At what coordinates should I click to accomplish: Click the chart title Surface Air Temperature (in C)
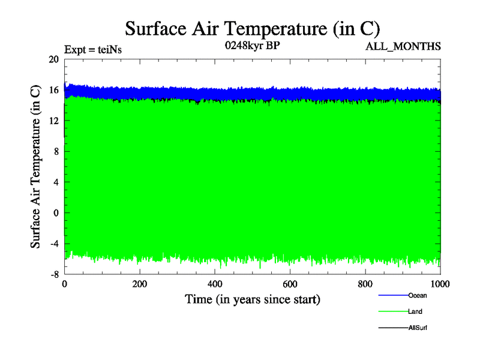pos(253,28)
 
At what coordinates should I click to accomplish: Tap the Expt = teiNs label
pos(93,50)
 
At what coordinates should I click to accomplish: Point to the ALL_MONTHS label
pos(403,46)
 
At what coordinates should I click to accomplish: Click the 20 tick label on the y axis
pos(54,59)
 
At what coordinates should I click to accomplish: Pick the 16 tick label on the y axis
pos(54,90)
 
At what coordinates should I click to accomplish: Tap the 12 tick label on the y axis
pos(54,121)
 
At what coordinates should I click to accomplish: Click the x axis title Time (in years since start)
pos(253,299)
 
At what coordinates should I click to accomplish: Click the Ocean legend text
pos(418,295)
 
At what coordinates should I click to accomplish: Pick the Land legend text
pos(416,311)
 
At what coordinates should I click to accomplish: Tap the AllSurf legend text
pos(418,328)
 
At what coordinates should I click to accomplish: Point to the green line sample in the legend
pos(393,311)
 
